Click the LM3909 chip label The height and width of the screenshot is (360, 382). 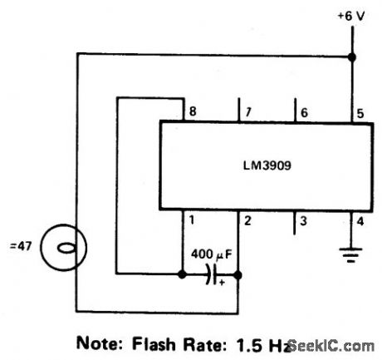262,165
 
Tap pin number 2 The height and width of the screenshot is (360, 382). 247,221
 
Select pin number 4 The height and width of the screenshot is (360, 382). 360,221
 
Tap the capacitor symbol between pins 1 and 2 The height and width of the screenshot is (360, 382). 210,274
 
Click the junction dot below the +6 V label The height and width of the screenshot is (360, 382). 350,57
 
